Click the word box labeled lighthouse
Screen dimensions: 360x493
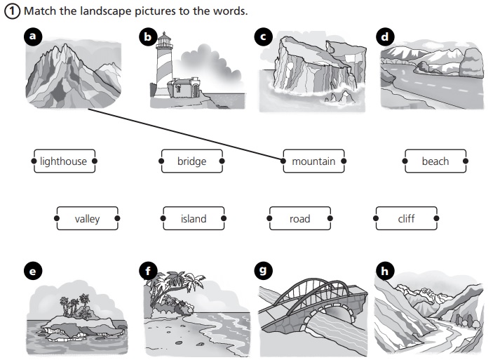tap(64, 161)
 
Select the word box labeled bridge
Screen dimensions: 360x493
tap(191, 161)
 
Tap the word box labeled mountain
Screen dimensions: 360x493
tap(313, 161)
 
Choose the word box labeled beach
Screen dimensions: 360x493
tap(435, 161)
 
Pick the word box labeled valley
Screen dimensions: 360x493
tap(88, 219)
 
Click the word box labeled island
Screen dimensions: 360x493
tap(194, 219)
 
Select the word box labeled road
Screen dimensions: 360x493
tap(299, 219)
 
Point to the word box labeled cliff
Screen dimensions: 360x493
tap(406, 219)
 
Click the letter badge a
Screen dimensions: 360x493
tap(30, 37)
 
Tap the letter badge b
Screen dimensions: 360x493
tap(147, 37)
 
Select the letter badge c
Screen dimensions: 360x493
tap(263, 37)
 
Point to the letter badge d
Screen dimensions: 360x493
tap(384, 37)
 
